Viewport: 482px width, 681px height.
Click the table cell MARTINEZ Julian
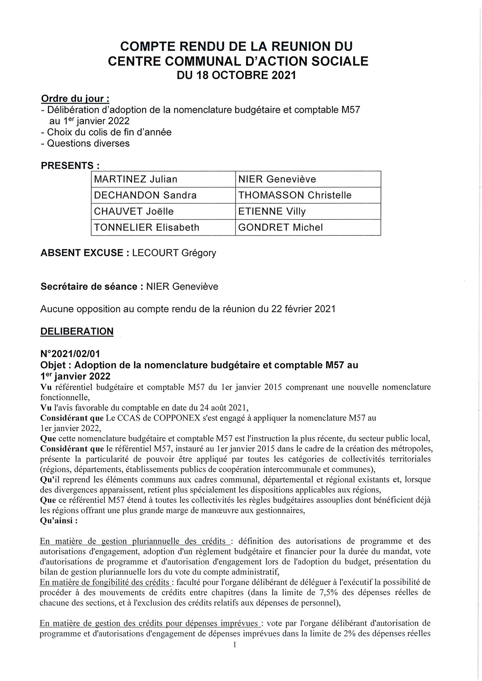163,179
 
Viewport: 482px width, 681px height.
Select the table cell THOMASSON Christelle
308,195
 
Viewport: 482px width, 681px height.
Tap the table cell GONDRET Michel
308,227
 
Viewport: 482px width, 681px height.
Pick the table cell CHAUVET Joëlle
163,211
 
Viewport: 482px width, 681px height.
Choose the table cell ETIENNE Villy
308,211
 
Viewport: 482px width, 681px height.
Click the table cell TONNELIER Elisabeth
163,227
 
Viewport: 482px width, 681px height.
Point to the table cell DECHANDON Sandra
163,195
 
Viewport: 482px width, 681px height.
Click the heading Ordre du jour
75,99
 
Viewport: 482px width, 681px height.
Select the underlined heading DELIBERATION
77,332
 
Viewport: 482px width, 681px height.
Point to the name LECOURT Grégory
174,253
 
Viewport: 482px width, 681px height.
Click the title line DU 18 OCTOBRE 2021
236,75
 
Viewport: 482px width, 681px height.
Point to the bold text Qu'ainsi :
59,521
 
